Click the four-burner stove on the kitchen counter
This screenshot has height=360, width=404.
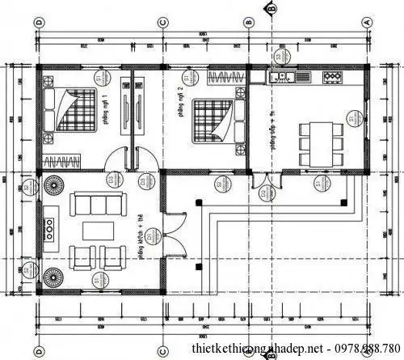[332, 78]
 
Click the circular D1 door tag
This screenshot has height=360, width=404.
[146, 182]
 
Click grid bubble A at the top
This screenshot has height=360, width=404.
[369, 21]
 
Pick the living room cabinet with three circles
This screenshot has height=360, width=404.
[50, 226]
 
